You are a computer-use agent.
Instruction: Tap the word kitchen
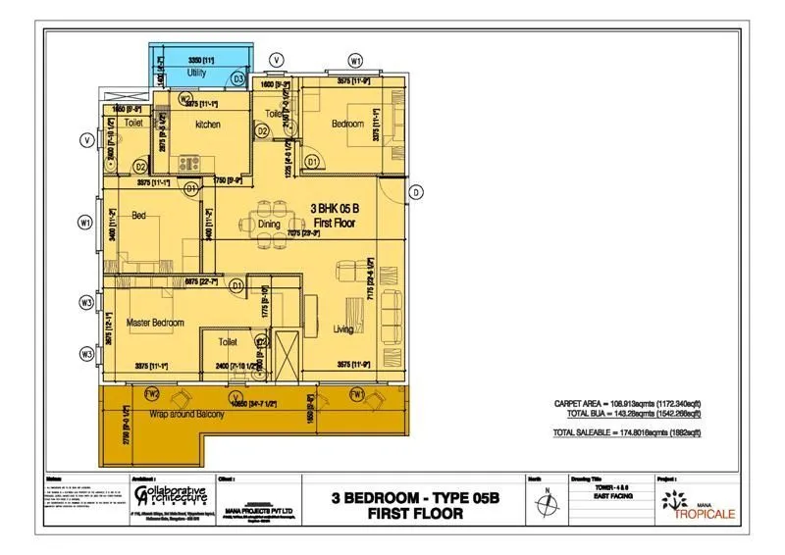(207, 125)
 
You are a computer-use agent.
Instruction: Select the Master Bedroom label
(154, 322)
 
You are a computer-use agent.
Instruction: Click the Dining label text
(269, 225)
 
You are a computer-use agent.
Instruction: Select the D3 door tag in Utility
(238, 76)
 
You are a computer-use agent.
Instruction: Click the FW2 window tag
(152, 394)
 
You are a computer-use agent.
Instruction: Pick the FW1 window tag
(357, 394)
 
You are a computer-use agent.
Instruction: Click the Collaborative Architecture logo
(168, 494)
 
